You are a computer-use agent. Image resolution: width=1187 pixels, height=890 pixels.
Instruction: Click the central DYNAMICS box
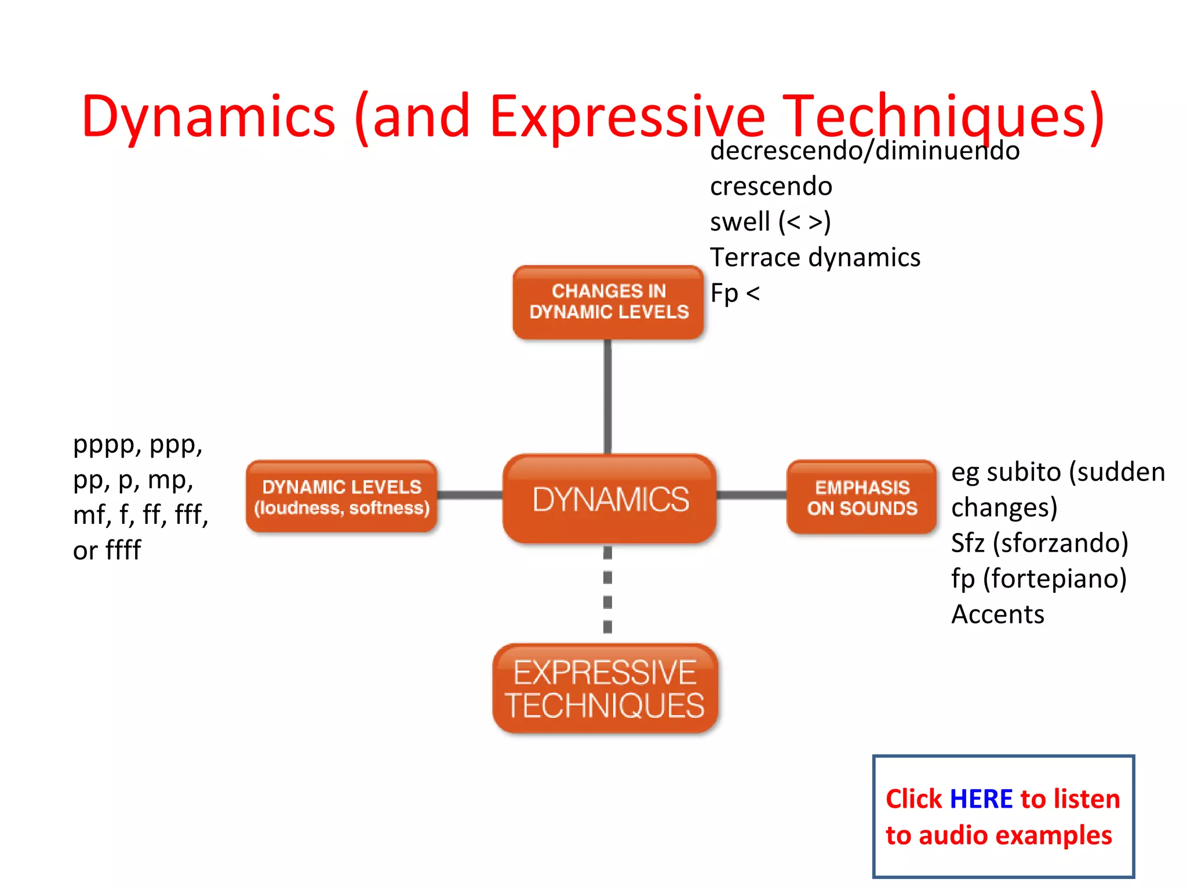coord(610,499)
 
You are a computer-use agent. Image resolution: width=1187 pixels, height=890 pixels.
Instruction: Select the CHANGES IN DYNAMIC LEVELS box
coord(609,302)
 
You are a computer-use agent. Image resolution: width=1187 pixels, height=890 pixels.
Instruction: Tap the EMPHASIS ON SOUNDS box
coord(862,498)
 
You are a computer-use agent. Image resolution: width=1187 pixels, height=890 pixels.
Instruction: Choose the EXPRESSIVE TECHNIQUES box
coord(605,688)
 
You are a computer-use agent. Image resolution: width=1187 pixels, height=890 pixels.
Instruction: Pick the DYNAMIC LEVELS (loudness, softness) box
coord(341,497)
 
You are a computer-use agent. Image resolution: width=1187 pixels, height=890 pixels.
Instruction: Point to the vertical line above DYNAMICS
coord(607,397)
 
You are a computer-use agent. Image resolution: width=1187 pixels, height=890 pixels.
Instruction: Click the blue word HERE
coord(981,799)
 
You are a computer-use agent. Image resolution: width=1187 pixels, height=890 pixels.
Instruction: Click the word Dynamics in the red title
coord(209,116)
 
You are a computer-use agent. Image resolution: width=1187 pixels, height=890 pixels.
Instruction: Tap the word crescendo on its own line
coord(771,187)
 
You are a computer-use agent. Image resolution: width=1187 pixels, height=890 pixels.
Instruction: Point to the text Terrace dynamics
coord(815,257)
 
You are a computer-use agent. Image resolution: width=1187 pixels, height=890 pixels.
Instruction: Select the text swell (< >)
coord(770,222)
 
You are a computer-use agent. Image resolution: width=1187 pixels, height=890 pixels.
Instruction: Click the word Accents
coord(997,614)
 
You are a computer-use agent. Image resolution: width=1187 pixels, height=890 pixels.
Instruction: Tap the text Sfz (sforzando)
coord(1039,543)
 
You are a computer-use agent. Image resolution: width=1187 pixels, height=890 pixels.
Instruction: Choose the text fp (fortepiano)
coord(1038,578)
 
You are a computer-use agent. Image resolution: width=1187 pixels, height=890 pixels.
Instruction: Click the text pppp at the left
coord(108,445)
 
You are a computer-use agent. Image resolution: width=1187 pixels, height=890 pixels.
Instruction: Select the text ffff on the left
coord(123,550)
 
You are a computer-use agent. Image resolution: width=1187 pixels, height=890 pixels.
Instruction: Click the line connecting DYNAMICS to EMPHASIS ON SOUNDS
coord(751,495)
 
